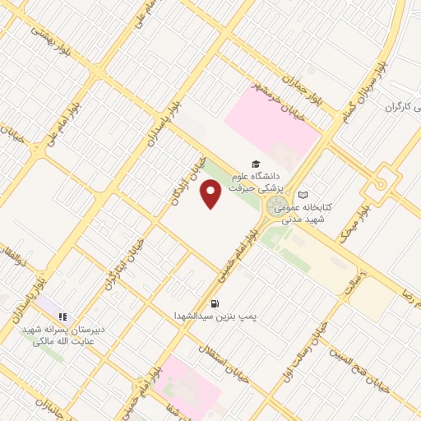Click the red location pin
[211, 195]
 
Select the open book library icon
[304, 194]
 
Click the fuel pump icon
[215, 303]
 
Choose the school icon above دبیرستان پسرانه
[62, 316]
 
